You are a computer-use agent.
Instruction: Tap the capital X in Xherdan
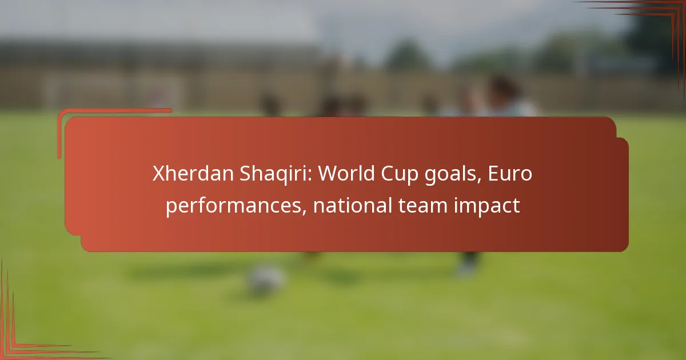pos(158,174)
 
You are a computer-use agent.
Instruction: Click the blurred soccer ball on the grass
pos(266,279)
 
